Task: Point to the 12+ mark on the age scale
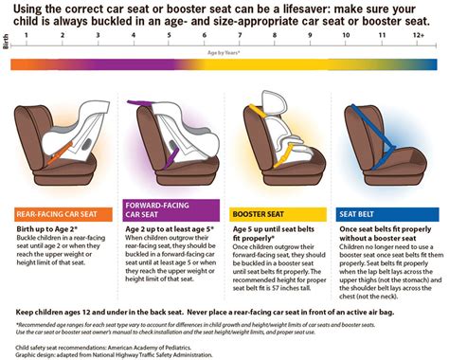tap(419, 35)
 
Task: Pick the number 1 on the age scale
tap(27, 35)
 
